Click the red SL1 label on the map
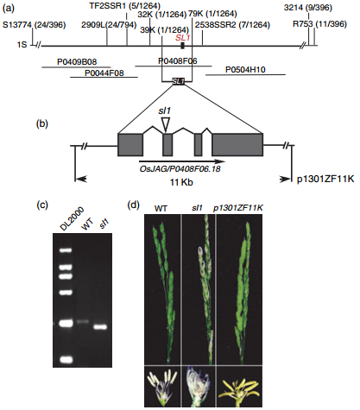(183, 38)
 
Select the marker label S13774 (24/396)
(35, 25)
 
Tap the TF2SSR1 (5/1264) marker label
(124, 6)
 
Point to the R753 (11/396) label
(319, 24)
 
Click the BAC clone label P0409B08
(77, 62)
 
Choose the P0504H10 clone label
(245, 70)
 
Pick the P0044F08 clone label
(104, 73)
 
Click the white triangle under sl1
(166, 124)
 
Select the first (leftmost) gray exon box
(130, 145)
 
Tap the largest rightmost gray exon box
(237, 145)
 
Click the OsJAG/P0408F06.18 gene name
(180, 168)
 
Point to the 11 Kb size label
(181, 182)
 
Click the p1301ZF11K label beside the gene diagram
(325, 179)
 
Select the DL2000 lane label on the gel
(72, 218)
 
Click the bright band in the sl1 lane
(100, 327)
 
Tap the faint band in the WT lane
(83, 322)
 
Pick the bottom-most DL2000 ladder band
(66, 359)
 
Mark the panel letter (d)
(133, 205)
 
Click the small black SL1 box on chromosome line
(182, 46)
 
